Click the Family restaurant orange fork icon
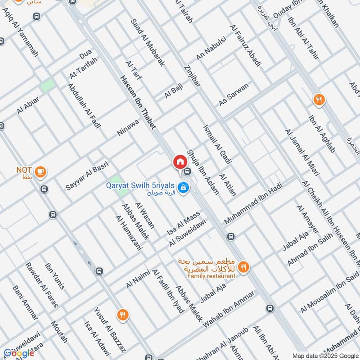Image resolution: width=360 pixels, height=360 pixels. pos(243,267)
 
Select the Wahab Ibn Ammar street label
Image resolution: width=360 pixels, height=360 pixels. pos(229,309)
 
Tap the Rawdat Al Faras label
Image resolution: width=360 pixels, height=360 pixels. pos(41,285)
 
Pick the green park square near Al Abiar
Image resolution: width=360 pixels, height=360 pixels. pos(47,85)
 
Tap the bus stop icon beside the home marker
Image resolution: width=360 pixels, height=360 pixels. pos(187,171)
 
